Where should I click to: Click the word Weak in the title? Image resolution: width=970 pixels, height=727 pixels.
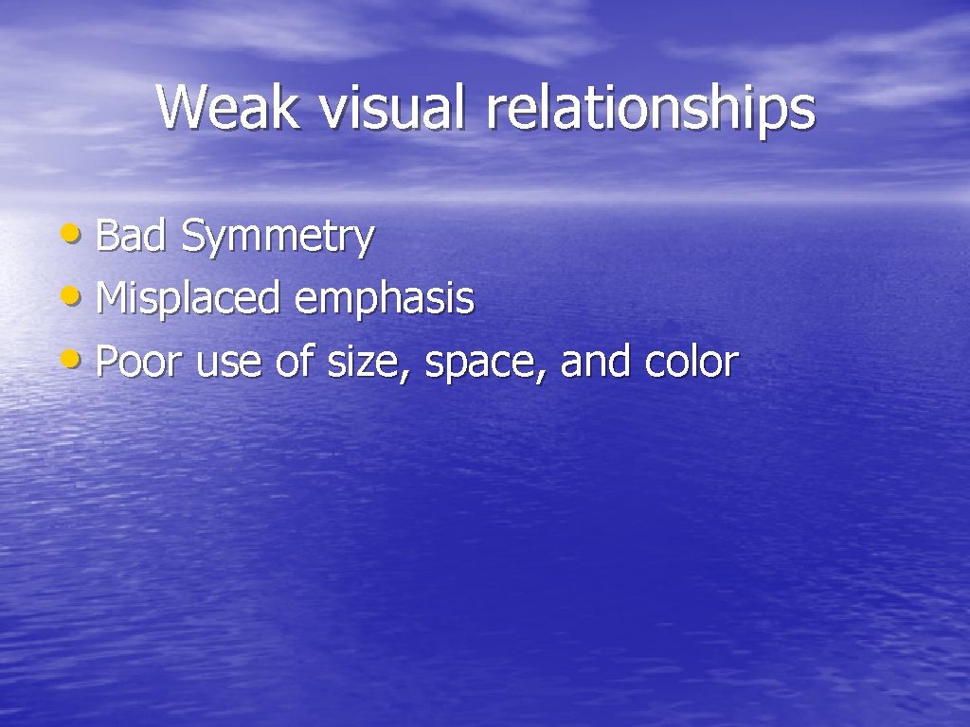[x=228, y=107]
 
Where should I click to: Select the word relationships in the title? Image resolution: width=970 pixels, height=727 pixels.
[x=650, y=109]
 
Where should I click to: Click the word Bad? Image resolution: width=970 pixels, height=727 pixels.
[x=132, y=236]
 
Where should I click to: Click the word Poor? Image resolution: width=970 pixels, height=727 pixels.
[x=138, y=362]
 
